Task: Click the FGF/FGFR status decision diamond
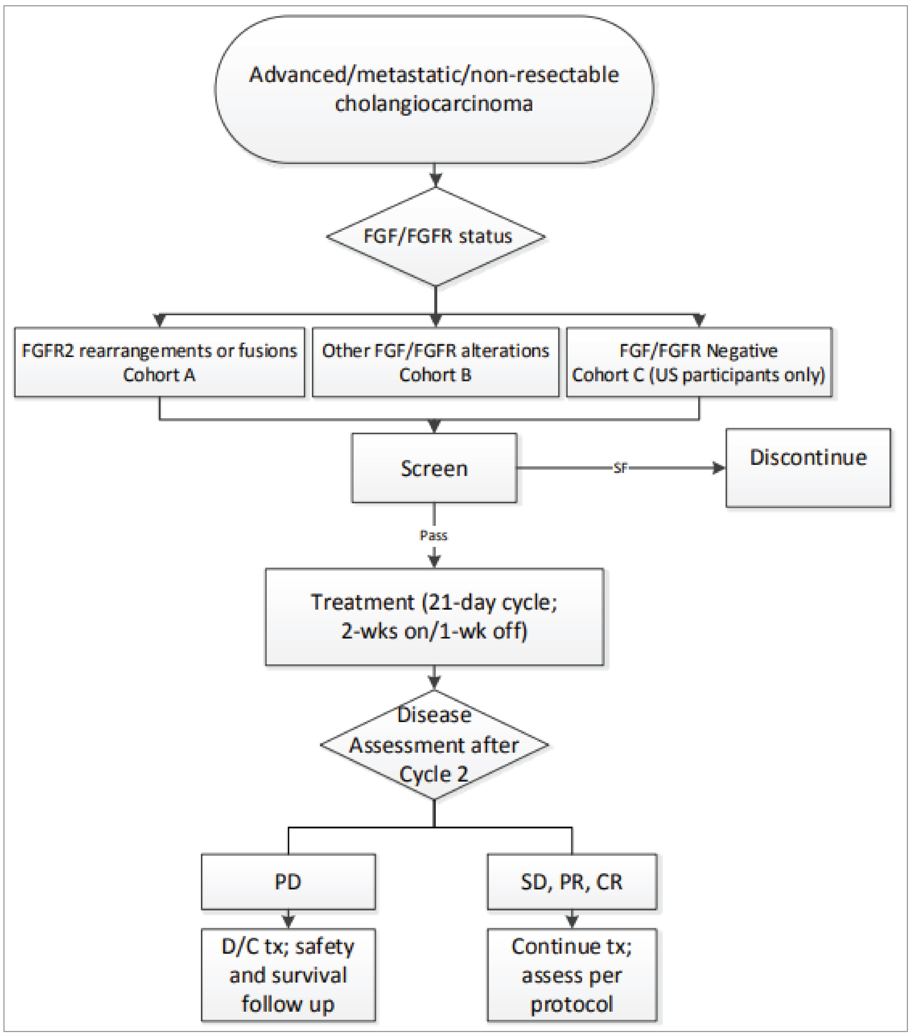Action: point(436,236)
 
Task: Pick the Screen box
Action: point(434,468)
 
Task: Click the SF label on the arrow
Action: point(620,468)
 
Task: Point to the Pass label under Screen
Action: point(434,535)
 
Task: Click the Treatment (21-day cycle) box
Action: point(434,616)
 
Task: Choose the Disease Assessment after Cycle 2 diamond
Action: point(434,745)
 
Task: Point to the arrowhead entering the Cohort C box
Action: point(699,320)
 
